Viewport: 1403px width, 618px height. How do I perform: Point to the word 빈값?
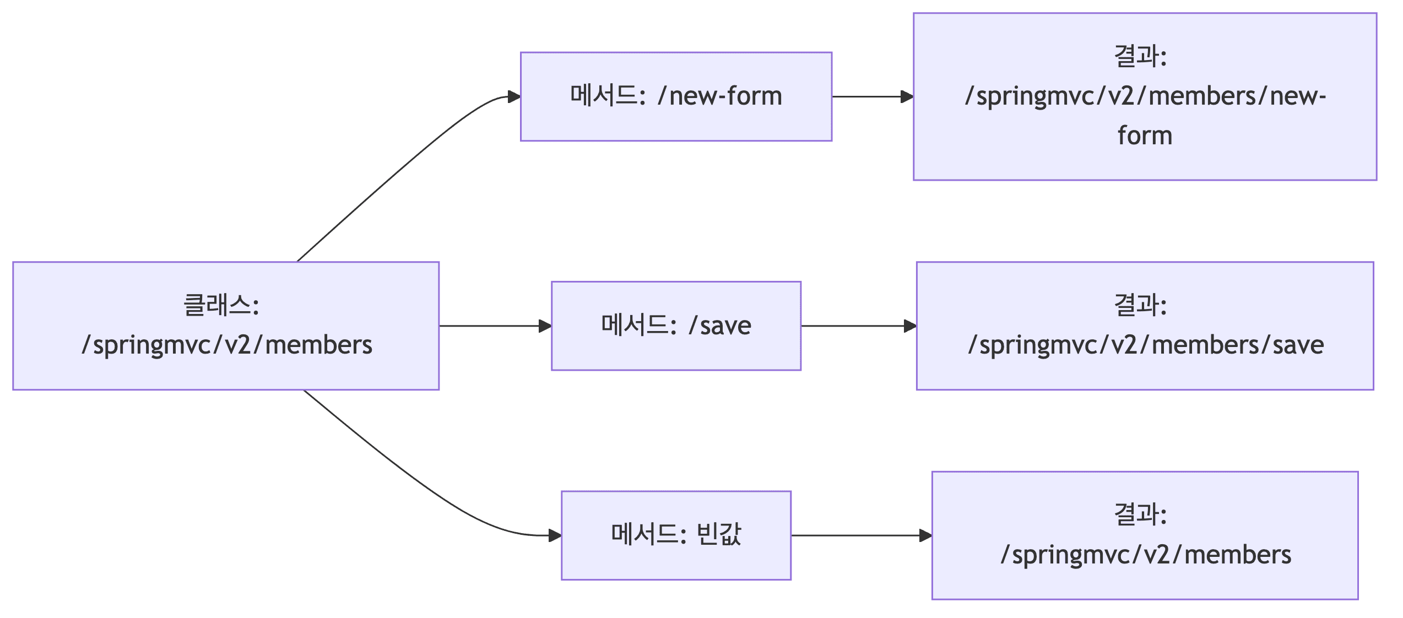(x=719, y=535)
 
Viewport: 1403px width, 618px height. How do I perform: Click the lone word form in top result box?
(x=1145, y=136)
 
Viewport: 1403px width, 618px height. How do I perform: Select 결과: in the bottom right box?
(x=1140, y=514)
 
